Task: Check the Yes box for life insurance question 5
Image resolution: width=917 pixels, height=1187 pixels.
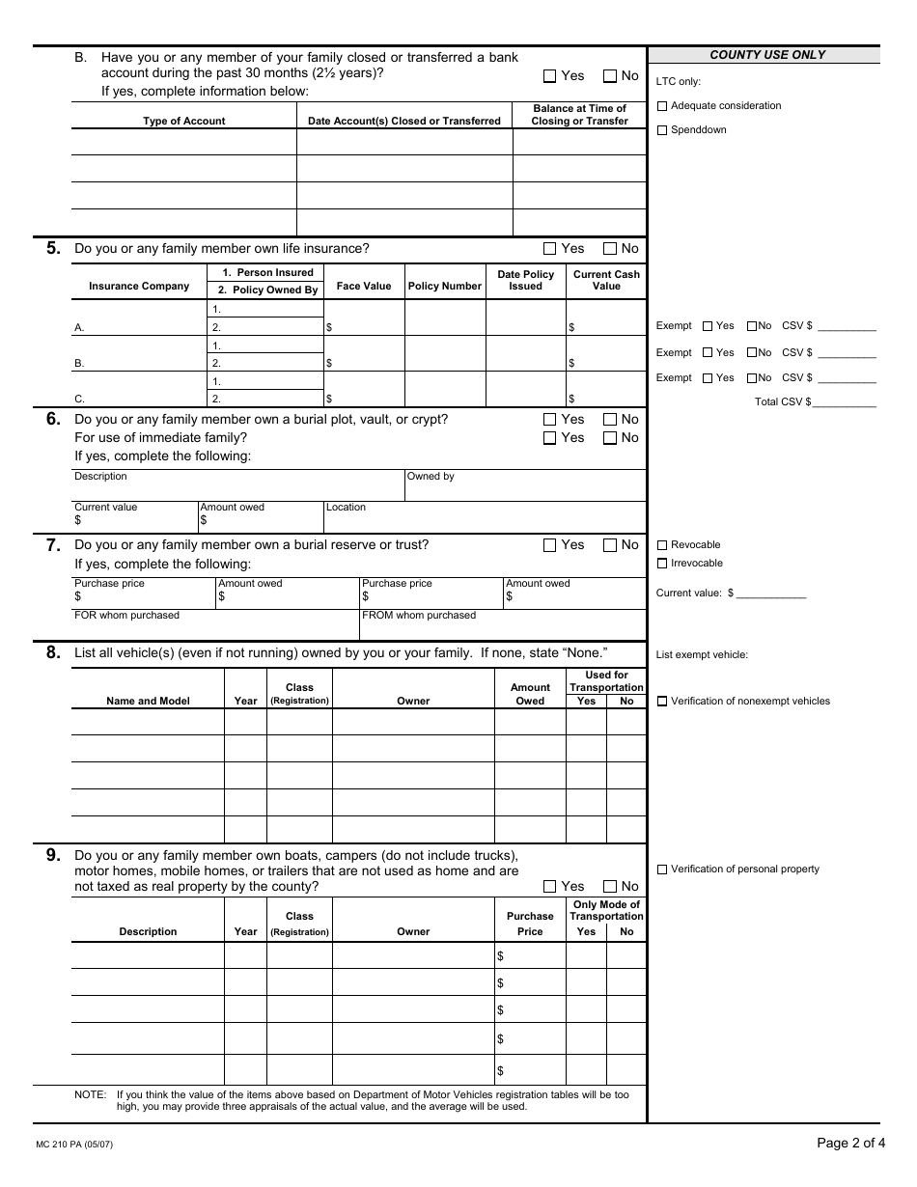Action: [x=550, y=249]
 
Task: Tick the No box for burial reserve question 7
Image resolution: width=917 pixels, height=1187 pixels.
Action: [x=610, y=545]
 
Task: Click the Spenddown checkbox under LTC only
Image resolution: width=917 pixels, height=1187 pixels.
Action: [x=662, y=130]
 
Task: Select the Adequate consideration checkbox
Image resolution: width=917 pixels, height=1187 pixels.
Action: [x=662, y=106]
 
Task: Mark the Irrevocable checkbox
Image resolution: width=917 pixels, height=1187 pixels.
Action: [x=662, y=564]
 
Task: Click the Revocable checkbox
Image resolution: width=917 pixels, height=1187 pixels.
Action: [x=662, y=545]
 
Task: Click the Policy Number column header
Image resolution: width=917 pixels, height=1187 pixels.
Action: [x=444, y=286]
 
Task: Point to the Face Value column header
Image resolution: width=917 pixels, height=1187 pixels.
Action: [x=363, y=286]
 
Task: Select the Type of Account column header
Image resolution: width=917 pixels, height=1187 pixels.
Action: [x=183, y=121]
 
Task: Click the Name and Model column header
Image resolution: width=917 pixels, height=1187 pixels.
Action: [x=148, y=701]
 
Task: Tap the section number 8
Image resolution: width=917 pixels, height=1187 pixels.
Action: [x=53, y=652]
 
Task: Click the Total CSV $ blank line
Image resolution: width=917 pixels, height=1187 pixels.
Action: [x=845, y=402]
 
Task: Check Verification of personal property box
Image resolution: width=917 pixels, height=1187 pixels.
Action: [x=662, y=870]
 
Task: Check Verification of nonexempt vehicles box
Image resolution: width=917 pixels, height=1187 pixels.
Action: [x=662, y=702]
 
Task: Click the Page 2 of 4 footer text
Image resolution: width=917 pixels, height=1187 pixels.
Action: [x=849, y=1144]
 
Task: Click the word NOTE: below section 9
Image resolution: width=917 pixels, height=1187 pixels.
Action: [x=91, y=1094]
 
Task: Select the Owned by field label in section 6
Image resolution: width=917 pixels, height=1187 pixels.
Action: [x=431, y=476]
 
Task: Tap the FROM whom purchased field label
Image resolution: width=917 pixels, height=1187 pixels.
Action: [x=418, y=615]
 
